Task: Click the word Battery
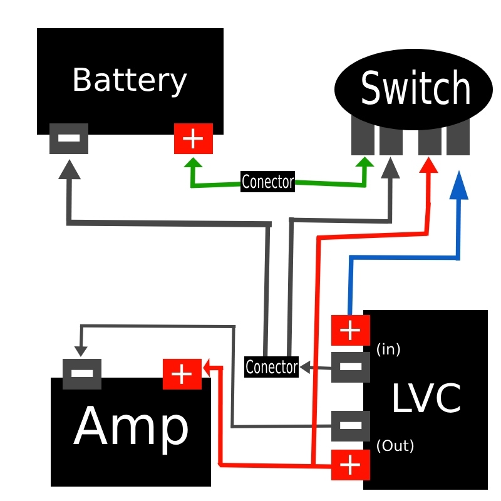[130, 81]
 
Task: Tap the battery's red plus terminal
[194, 138]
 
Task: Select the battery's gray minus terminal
[69, 138]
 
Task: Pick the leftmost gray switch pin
[362, 136]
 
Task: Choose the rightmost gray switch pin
[458, 136]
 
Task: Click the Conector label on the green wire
[267, 182]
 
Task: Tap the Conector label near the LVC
[271, 366]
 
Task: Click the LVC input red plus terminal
[350, 330]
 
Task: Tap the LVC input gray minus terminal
[350, 367]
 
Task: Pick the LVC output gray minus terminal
[350, 426]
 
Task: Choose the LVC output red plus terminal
[350, 465]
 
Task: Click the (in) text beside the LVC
[388, 349]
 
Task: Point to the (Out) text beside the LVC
[395, 446]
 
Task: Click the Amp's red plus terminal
[182, 374]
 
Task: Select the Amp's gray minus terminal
[82, 374]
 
